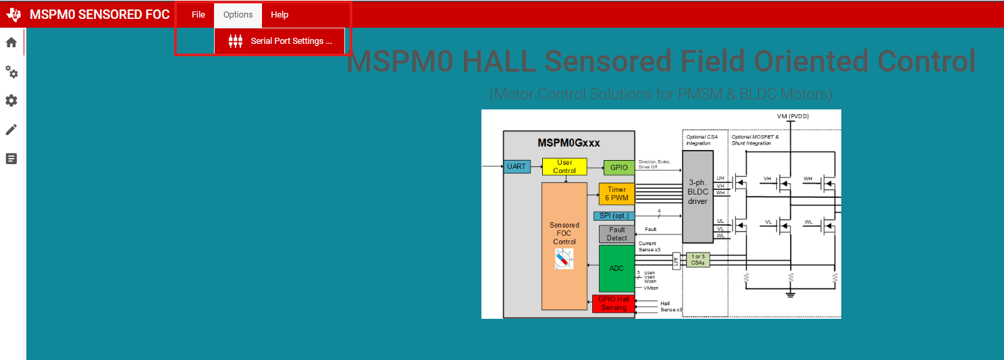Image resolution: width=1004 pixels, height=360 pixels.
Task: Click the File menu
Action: coord(198,15)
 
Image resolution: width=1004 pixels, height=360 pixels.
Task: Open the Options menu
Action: coord(238,15)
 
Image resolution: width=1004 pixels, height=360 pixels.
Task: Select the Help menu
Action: coord(280,15)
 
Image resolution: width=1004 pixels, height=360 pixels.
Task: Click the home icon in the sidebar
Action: coord(11,43)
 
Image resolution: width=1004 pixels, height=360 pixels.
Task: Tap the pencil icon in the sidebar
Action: coord(11,130)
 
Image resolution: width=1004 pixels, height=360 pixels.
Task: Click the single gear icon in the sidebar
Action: coord(11,101)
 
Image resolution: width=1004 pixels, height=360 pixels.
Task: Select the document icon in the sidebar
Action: coord(11,159)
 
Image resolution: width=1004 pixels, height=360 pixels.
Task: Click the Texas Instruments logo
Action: coord(14,15)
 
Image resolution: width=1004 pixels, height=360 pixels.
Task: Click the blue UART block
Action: coord(517,167)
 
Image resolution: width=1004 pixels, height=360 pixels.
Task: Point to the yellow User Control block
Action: coord(564,167)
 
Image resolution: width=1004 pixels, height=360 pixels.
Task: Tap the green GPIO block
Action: coord(619,168)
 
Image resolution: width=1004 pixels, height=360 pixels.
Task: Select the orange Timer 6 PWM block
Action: coord(616,194)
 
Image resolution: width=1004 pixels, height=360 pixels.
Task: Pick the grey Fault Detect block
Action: coord(616,234)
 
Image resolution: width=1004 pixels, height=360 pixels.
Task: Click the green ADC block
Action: coord(616,268)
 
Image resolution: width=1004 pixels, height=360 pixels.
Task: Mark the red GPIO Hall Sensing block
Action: coord(613,303)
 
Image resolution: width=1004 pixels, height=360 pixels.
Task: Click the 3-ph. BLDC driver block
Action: coord(697,196)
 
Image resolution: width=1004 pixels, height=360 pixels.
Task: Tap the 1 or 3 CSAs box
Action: coord(697,259)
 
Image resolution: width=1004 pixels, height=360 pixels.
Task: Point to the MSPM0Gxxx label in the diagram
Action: coord(569,143)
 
